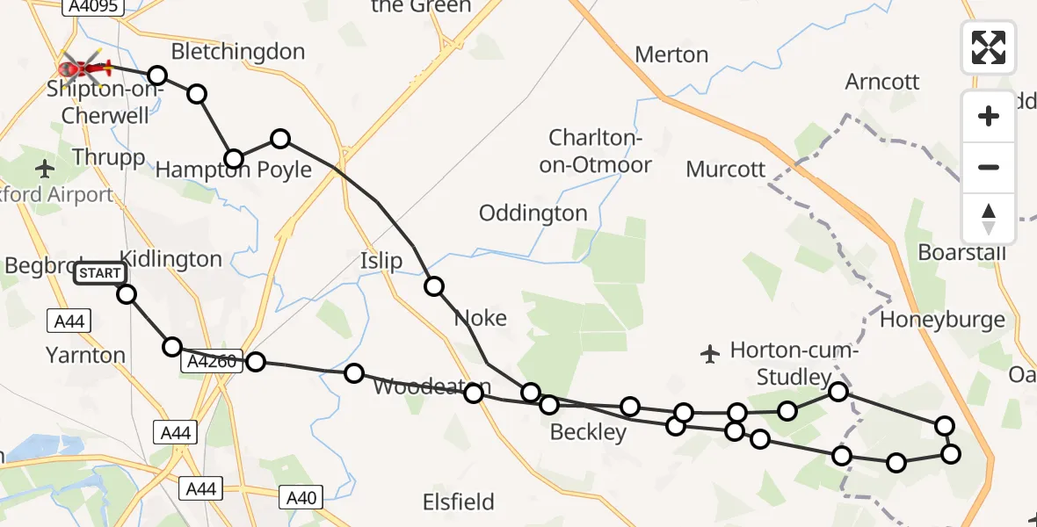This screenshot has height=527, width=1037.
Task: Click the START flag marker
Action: (100, 273)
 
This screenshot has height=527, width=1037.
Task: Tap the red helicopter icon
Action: (83, 67)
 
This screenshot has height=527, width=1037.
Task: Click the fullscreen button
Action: (989, 47)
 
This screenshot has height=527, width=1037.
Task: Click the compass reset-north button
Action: (989, 219)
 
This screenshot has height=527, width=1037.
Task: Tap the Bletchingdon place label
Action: (238, 52)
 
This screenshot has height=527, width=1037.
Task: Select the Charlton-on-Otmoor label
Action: (600, 151)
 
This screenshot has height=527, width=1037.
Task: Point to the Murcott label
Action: (726, 169)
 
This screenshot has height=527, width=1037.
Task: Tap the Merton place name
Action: (671, 54)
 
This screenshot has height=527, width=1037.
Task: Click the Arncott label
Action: (882, 82)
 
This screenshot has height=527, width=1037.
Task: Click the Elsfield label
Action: (458, 502)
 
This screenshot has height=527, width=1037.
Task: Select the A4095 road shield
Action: (92, 6)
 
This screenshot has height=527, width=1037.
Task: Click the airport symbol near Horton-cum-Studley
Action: (710, 354)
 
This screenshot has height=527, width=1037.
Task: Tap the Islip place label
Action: (381, 261)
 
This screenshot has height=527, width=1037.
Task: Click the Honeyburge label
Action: (942, 320)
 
